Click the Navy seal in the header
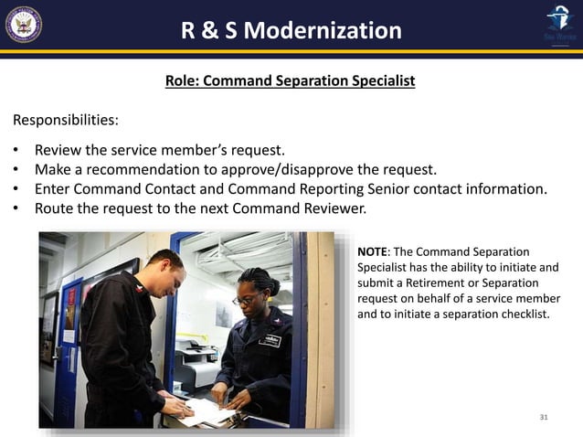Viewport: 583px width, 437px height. pyautogui.click(x=23, y=24)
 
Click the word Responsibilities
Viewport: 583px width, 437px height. pyautogui.click(x=64, y=120)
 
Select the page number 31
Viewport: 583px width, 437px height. pyautogui.click(x=544, y=417)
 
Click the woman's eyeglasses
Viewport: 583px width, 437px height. pyautogui.click(x=244, y=299)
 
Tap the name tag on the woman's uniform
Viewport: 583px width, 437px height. pyautogui.click(x=270, y=341)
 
